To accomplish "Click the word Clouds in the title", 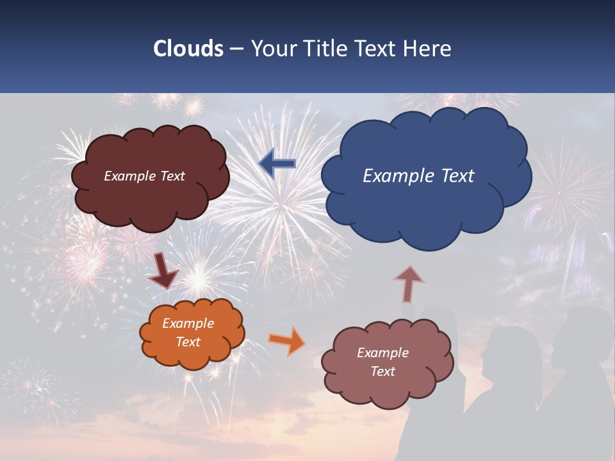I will point(188,49).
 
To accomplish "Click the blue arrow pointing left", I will point(277,164).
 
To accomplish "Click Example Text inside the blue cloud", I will point(418,176).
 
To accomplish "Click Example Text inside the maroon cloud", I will point(144,176).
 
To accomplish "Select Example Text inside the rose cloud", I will point(383,362).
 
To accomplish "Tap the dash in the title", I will point(236,49).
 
